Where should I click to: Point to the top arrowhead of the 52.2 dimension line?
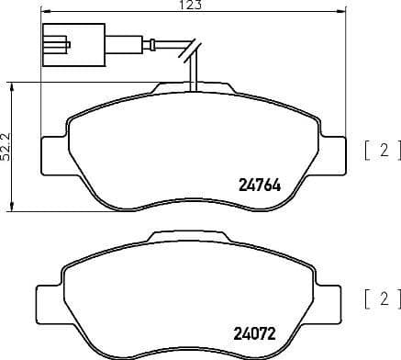click(12, 84)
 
